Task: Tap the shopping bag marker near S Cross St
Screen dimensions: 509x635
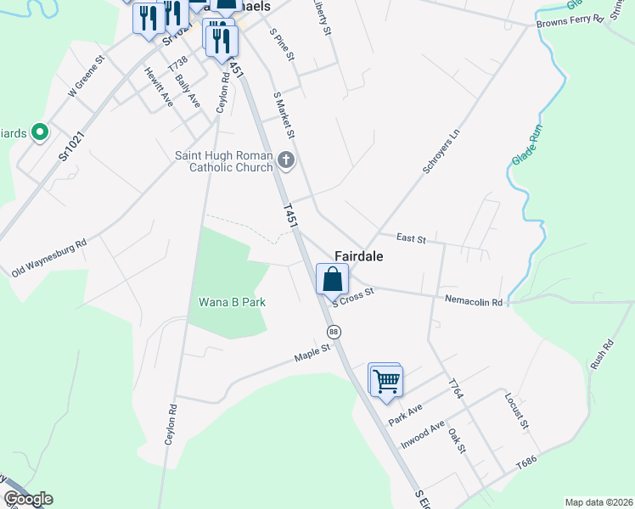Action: click(333, 278)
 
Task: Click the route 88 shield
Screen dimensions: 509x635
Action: click(334, 332)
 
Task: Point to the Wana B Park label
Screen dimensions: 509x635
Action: click(232, 301)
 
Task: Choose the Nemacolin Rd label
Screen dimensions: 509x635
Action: click(474, 300)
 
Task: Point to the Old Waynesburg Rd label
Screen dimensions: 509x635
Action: click(49, 258)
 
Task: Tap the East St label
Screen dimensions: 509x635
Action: click(410, 239)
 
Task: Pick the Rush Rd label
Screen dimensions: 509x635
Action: click(602, 355)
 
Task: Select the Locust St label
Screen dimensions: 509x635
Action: click(516, 411)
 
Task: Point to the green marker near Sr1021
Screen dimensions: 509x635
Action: click(38, 132)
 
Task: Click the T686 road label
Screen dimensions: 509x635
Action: click(528, 466)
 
